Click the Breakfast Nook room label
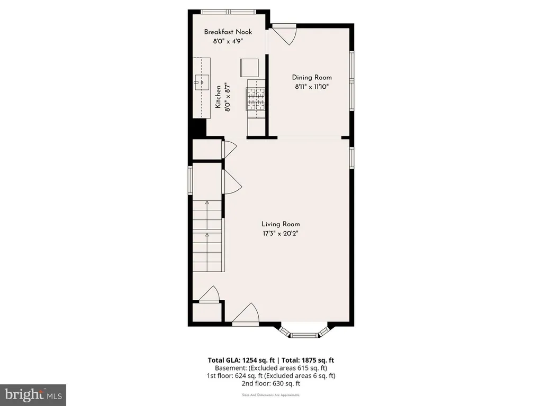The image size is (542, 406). coord(228,32)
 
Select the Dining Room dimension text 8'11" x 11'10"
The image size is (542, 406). coord(311,87)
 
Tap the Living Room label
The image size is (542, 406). coord(281,224)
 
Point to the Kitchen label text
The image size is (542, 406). coord(218,97)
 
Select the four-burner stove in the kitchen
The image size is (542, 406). coord(256,99)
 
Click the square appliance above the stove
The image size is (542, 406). coord(250,68)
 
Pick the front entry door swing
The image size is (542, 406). coord(246,314)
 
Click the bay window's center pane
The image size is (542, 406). coord(304,335)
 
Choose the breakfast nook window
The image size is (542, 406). coord(229,12)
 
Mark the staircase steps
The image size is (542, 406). coord(207,236)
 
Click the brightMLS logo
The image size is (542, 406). coord(33,395)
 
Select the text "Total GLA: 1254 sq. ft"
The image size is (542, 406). coord(241,360)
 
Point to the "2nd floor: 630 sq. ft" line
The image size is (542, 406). coord(271,383)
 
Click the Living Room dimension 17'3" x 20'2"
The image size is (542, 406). coord(281,233)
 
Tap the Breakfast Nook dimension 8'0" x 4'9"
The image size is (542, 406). coord(228,41)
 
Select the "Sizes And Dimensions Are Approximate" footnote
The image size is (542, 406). coord(271,395)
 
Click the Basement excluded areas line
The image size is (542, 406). coord(271,368)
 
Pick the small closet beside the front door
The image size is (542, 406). coord(207,312)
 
